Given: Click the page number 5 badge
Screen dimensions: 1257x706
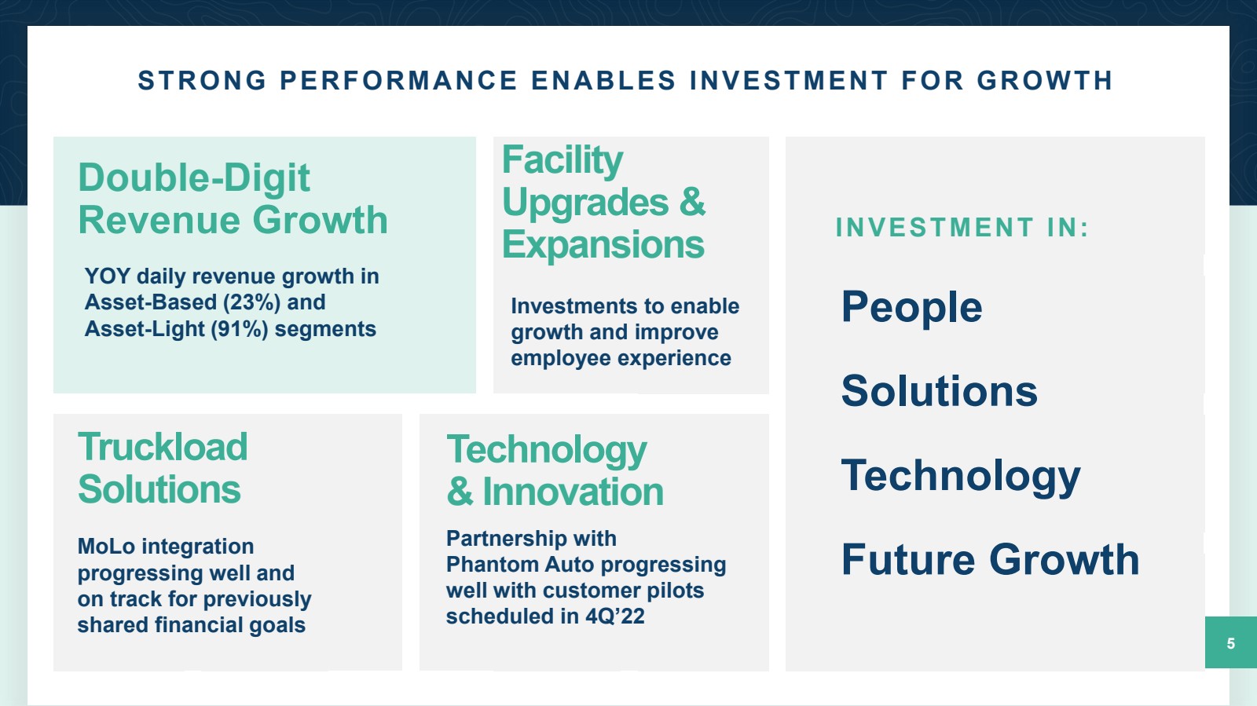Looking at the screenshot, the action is tap(1230, 642).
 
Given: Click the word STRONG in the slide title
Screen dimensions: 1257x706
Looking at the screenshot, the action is tap(203, 80).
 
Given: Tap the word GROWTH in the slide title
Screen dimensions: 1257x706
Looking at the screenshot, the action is tap(1045, 80).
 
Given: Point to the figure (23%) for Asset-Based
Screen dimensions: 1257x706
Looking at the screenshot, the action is tap(251, 302).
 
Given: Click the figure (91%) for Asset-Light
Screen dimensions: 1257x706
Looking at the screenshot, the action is tap(240, 328).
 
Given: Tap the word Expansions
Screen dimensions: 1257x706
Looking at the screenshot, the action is tap(603, 244).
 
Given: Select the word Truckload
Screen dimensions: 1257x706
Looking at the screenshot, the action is tap(163, 447).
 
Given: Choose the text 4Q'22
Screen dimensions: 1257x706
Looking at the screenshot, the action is tap(615, 616).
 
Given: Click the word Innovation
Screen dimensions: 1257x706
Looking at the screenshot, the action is tap(573, 492).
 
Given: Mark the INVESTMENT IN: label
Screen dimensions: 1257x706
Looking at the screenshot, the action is tap(962, 228).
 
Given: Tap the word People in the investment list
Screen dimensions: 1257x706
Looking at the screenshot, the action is tap(912, 307).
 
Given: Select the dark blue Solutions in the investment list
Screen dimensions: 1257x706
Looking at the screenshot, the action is tap(940, 391).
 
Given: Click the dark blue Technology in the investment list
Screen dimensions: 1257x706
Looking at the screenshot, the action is tap(961, 477).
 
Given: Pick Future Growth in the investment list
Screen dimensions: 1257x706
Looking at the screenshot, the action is tap(991, 559).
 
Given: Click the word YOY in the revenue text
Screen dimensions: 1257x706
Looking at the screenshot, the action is tap(107, 276).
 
